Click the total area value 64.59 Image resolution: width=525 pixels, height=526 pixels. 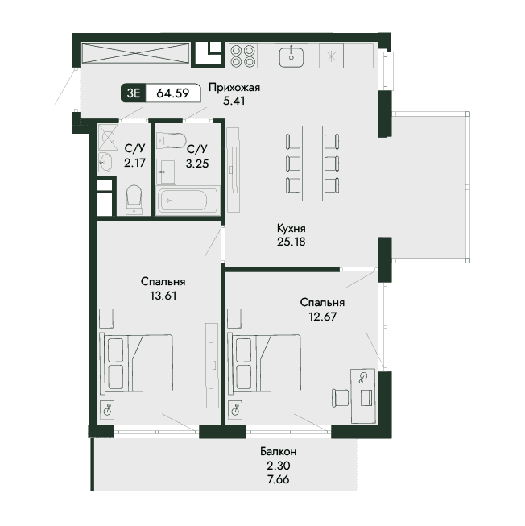(172, 93)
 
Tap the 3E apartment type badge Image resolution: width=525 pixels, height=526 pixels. (134, 93)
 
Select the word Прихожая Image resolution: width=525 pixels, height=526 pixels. (234, 88)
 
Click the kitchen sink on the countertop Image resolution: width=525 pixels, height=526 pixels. (291, 56)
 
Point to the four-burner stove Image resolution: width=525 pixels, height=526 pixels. (243, 56)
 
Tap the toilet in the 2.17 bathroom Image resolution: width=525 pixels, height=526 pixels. (134, 200)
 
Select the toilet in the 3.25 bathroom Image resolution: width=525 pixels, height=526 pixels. (172, 140)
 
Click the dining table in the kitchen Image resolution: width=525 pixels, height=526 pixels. (312, 164)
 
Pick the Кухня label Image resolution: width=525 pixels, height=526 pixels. (291, 229)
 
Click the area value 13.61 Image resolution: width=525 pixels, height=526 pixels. (163, 296)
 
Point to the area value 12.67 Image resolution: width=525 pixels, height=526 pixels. (323, 317)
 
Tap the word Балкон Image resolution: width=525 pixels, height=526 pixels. (279, 452)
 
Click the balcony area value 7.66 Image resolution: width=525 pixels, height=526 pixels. (279, 479)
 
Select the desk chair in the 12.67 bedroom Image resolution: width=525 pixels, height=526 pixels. (340, 398)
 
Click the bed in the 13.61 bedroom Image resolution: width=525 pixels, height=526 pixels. (136, 362)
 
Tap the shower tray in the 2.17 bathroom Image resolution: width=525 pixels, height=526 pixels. (108, 137)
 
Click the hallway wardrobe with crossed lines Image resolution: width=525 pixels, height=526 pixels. (135, 52)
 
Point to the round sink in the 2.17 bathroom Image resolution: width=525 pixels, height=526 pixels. (105, 163)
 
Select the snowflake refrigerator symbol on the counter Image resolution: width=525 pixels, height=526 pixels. (331, 56)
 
